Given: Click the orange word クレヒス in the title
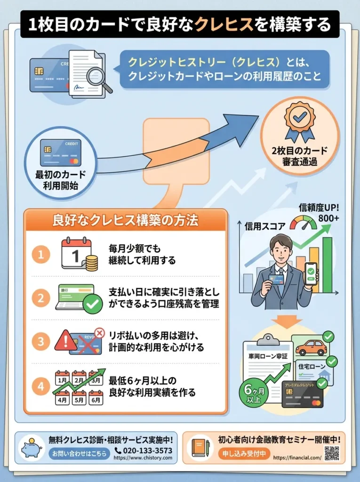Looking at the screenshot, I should [x=224, y=24].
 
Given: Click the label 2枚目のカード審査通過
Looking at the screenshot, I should [x=300, y=157].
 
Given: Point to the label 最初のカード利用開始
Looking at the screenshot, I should [x=61, y=180].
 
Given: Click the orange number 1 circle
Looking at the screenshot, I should [x=41, y=255].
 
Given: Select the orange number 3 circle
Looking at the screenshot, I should [x=41, y=340].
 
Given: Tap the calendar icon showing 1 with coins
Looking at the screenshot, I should [x=78, y=254].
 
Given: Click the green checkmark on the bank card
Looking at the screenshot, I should [x=93, y=305].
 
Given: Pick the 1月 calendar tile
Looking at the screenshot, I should [x=62, y=378].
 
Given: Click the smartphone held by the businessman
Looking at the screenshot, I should [x=311, y=274].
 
